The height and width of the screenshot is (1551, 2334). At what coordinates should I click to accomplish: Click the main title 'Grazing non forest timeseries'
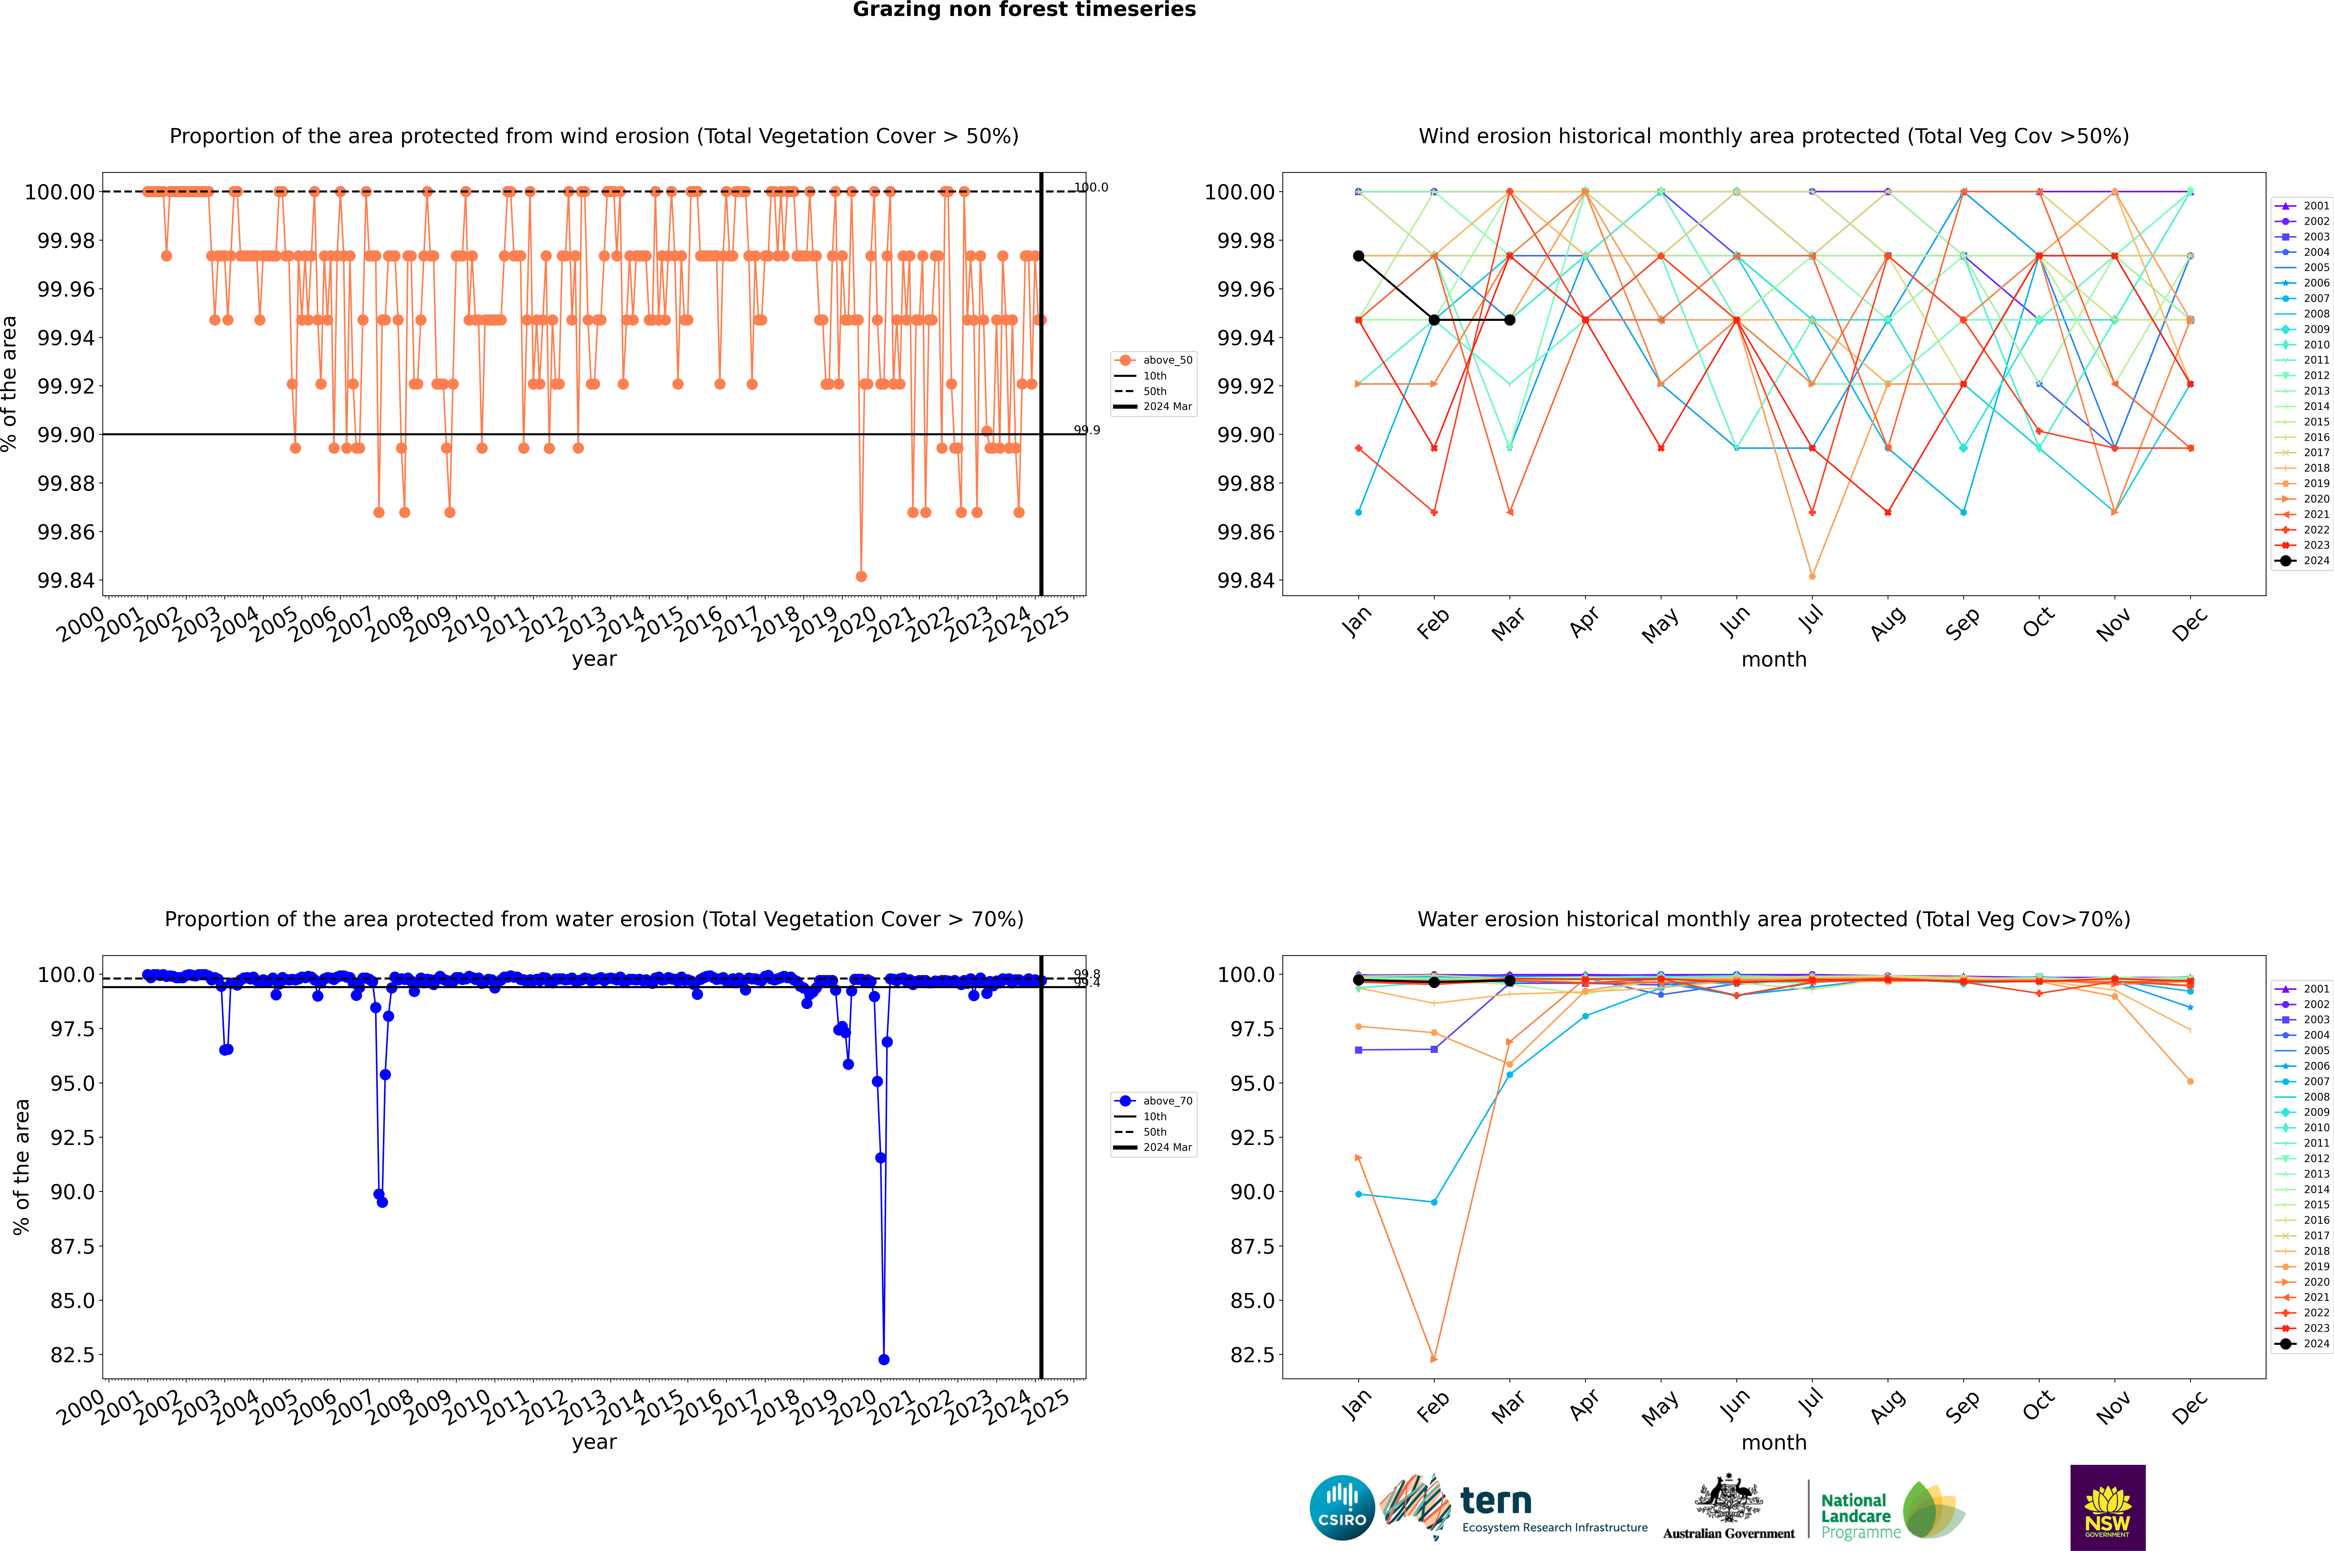click(x=1024, y=10)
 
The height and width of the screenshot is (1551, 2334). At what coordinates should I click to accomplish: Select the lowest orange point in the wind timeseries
click(x=861, y=576)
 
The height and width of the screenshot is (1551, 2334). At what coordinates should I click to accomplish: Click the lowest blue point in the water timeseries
click(x=883, y=1359)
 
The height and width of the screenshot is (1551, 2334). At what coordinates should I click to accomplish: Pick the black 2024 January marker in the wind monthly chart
click(x=1359, y=256)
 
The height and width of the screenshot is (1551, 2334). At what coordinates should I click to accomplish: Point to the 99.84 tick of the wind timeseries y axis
click(x=65, y=581)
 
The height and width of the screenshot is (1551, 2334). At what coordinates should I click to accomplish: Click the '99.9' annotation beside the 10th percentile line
click(x=1086, y=430)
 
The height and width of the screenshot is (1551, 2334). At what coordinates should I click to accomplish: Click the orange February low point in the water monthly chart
click(x=1434, y=1359)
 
